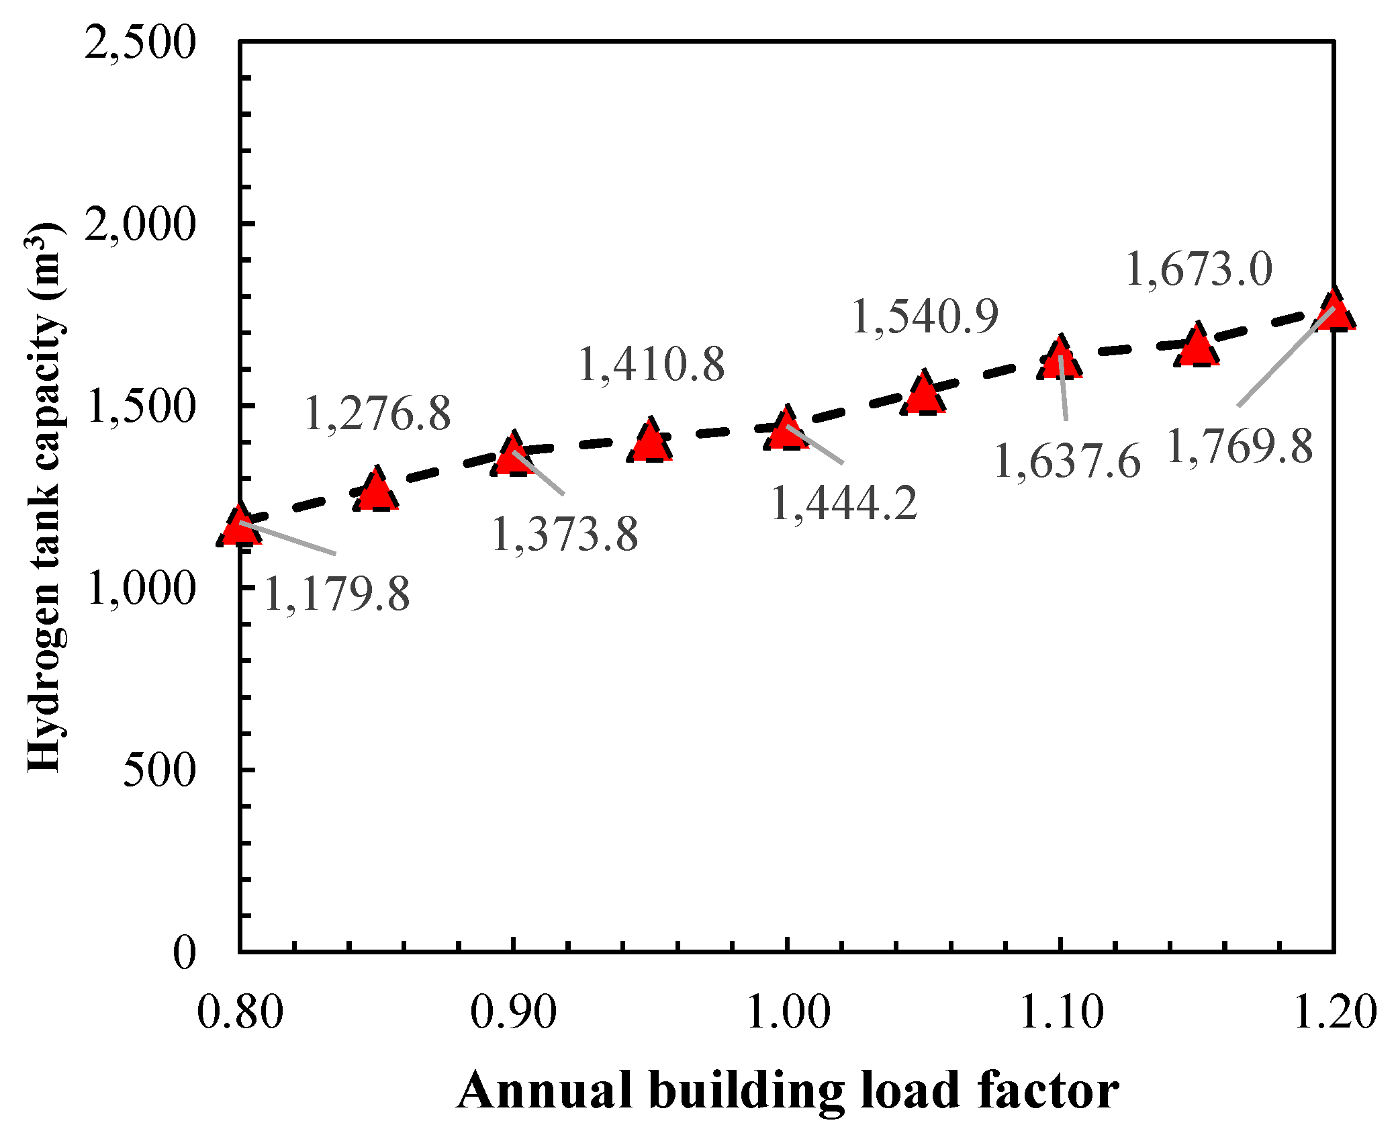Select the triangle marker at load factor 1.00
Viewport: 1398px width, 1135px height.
coord(786,431)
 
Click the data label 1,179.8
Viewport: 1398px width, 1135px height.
coord(336,594)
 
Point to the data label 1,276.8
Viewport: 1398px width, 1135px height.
coord(378,412)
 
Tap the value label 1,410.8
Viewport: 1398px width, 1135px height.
coord(651,364)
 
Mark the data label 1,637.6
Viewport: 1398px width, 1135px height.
coord(1067,461)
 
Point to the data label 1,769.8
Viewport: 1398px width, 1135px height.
coord(1240,446)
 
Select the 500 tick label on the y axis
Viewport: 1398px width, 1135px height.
coord(159,769)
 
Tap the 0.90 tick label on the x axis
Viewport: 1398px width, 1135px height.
coord(513,1011)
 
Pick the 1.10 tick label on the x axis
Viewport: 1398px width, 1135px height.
coord(1061,1011)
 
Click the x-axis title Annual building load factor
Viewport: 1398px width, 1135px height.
coord(787,1089)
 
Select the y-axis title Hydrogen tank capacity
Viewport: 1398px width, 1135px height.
coord(46,497)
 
